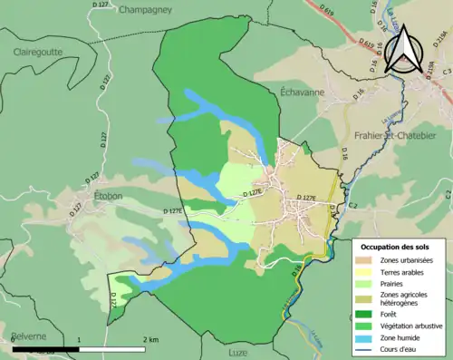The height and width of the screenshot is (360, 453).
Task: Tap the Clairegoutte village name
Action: click(x=38, y=53)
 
